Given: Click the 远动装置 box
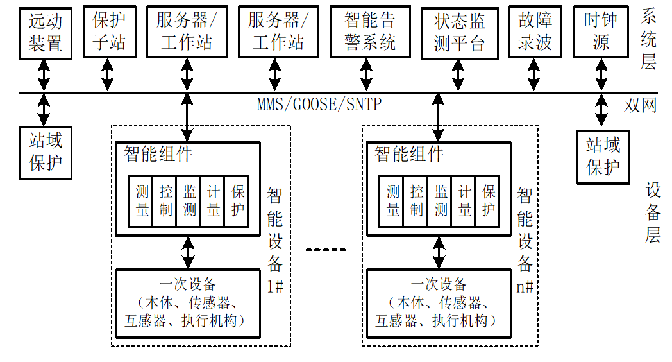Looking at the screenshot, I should (x=45, y=31).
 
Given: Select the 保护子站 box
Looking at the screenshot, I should (x=108, y=31).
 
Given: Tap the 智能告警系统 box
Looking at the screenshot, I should (x=370, y=31).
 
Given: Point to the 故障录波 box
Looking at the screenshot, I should (x=535, y=31).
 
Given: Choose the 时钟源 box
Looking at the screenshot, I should (x=600, y=31).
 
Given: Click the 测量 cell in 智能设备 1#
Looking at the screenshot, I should (x=142, y=201).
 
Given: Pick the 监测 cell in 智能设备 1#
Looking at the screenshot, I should (x=190, y=201).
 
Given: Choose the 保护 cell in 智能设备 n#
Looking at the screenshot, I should (x=489, y=201).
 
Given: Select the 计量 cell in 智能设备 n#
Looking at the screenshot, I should (x=464, y=201).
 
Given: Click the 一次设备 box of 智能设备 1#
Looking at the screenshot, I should (x=188, y=303).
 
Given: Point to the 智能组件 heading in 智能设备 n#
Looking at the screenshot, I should (x=408, y=153).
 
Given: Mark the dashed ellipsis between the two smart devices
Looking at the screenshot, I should (x=325, y=249).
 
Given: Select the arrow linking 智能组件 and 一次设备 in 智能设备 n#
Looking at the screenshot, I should (x=439, y=252).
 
